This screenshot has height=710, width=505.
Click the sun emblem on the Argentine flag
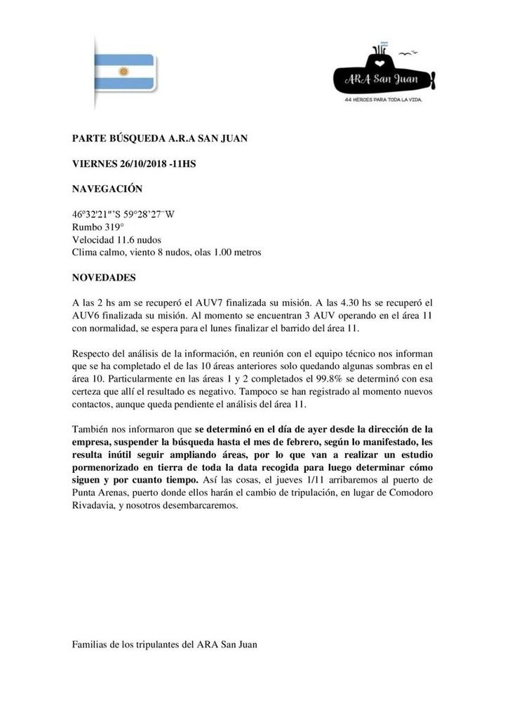point(123,72)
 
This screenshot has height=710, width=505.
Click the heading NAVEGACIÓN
point(107,189)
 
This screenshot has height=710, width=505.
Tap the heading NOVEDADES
point(105,277)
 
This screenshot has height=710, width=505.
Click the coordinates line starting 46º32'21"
point(123,215)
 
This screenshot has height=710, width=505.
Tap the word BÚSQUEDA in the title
point(131,138)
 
